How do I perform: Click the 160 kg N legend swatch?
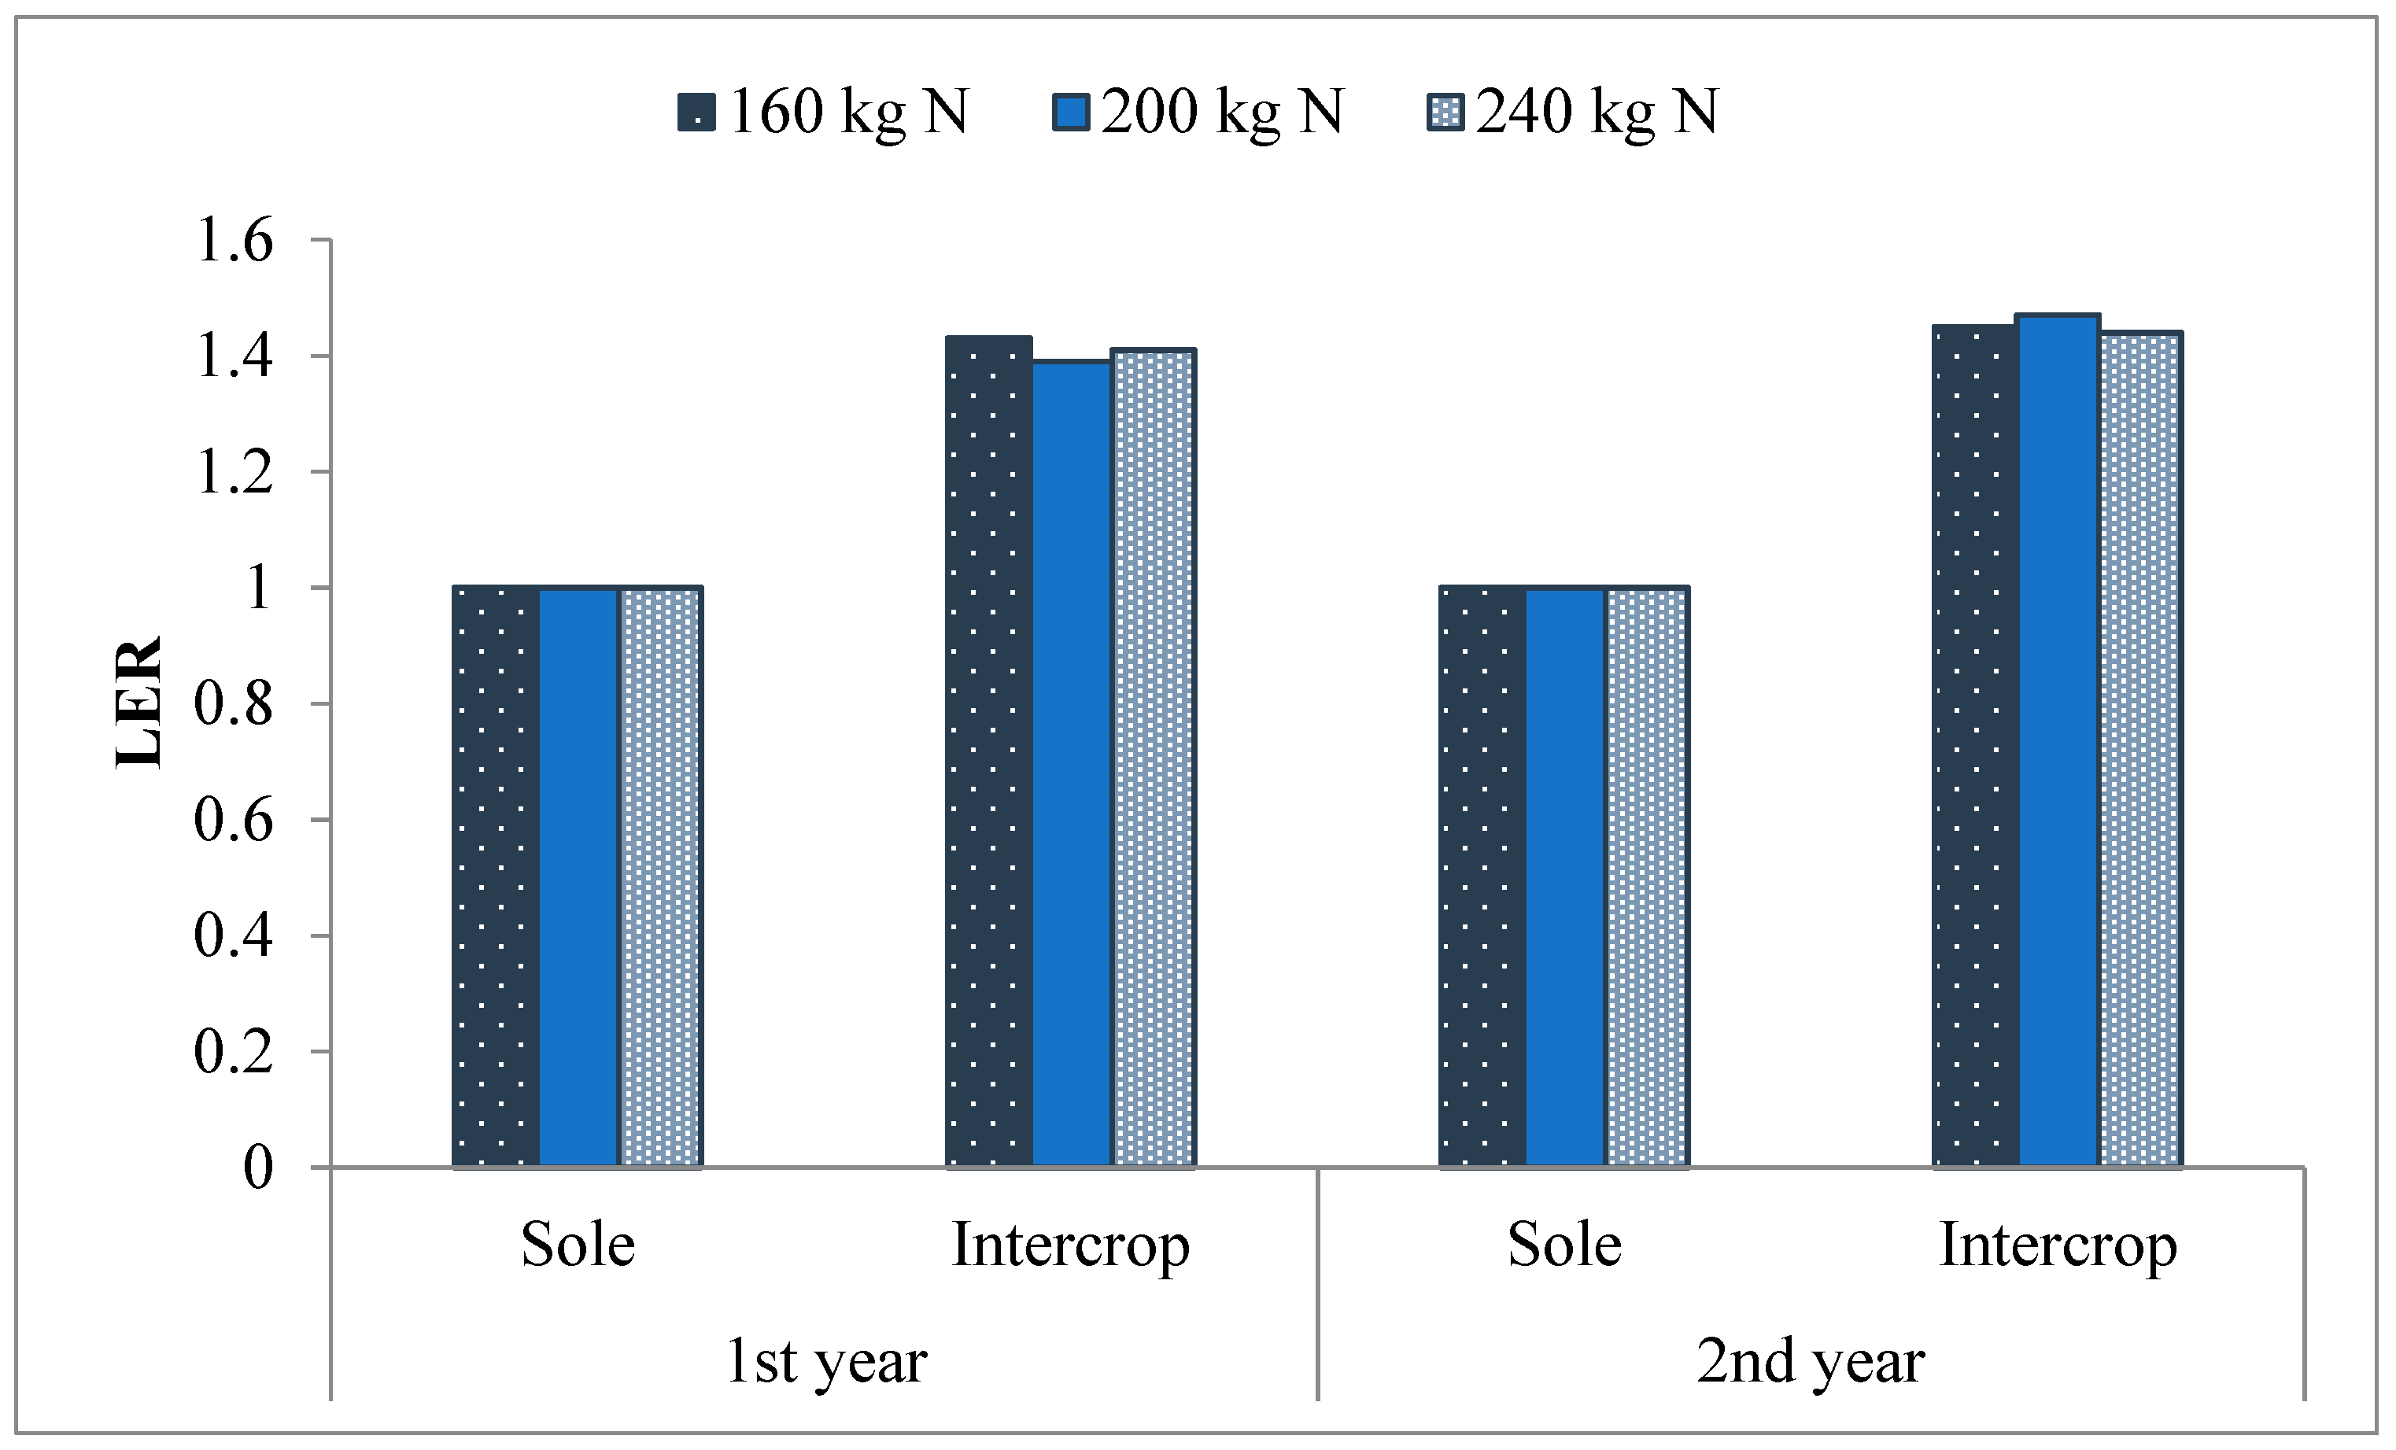tap(696, 112)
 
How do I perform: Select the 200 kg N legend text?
tap(1221, 112)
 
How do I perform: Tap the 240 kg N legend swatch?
tap(1445, 112)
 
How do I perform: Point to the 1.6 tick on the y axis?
tap(234, 240)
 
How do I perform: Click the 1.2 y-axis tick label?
tap(234, 473)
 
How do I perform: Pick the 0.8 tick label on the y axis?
tap(234, 704)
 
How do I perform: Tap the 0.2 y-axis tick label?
tap(234, 1052)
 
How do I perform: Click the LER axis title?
tap(138, 702)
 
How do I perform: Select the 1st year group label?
tap(825, 1360)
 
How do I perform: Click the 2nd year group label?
tap(1811, 1360)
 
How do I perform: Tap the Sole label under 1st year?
tap(578, 1244)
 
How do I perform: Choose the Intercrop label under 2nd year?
tap(2058, 1245)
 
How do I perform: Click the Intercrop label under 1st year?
tap(1071, 1245)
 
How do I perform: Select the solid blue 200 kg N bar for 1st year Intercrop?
tap(1072, 763)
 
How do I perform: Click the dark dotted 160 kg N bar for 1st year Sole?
tap(496, 875)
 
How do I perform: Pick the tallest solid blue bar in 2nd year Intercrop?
tap(2058, 739)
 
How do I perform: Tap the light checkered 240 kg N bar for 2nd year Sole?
tap(1646, 875)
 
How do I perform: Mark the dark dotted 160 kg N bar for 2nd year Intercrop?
tap(1975, 745)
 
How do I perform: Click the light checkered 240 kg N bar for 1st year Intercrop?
tap(1154, 758)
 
